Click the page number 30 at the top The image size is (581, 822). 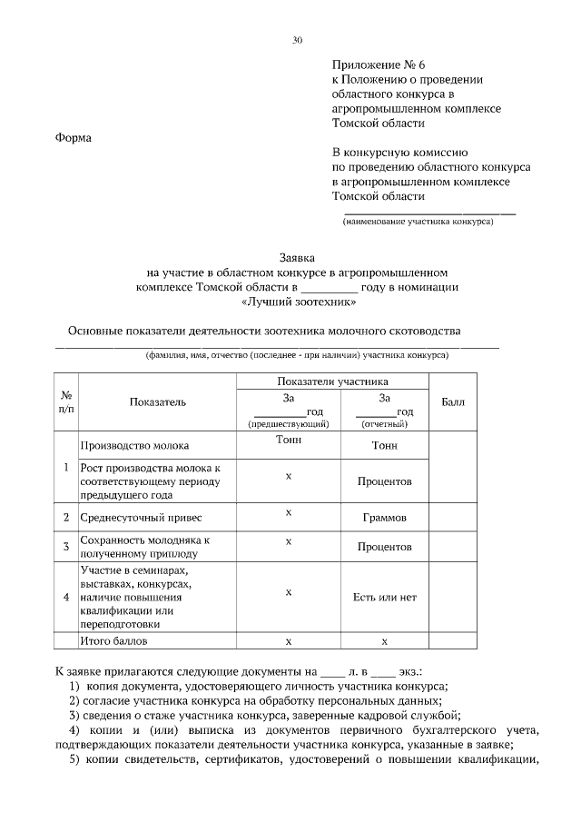click(x=297, y=41)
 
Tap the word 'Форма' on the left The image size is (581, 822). click(x=74, y=138)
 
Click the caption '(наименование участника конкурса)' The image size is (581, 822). click(x=418, y=222)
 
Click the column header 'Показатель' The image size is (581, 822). click(x=157, y=401)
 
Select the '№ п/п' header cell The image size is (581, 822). click(x=66, y=401)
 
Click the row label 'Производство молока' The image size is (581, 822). click(x=134, y=446)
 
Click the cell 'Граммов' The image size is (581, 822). click(x=384, y=517)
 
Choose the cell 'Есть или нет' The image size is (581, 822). click(x=384, y=597)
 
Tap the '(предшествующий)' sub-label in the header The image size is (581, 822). click(x=288, y=423)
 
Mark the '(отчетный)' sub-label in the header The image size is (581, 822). click(x=384, y=423)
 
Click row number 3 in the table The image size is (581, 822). click(x=66, y=546)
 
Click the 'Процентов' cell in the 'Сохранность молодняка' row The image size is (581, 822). click(x=384, y=547)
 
